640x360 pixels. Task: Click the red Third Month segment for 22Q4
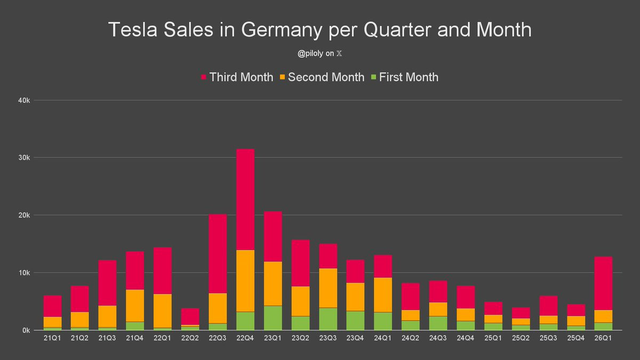(x=245, y=199)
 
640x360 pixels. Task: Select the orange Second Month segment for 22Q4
(x=245, y=281)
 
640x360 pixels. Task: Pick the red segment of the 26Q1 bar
(x=603, y=283)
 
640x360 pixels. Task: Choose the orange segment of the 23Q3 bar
(x=328, y=288)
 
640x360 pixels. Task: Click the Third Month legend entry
(x=236, y=77)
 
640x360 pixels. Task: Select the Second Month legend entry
(x=321, y=77)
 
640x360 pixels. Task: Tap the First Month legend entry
(x=403, y=77)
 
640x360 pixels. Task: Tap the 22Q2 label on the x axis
(x=190, y=340)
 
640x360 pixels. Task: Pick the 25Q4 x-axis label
(x=575, y=340)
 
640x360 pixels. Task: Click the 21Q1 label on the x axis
(x=52, y=340)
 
